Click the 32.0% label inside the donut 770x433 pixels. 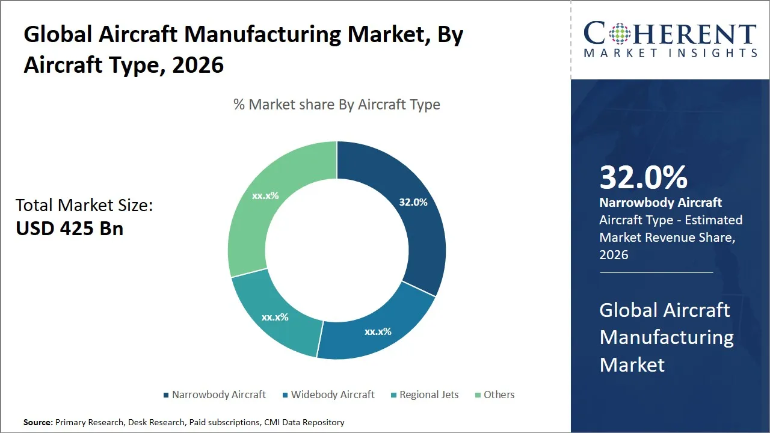coord(413,202)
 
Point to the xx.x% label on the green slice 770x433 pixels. coord(265,195)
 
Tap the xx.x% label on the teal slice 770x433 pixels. coord(275,317)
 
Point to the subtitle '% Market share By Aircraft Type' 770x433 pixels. coord(337,105)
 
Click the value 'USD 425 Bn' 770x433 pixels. coord(70,229)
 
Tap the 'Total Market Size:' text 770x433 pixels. coord(84,205)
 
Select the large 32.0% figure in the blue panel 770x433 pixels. coord(643,177)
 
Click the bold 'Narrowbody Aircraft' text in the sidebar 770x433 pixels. coord(661,203)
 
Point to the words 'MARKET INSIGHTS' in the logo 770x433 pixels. coord(670,54)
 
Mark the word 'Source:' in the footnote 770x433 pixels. coord(38,422)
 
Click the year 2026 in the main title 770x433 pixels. coord(198,65)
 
